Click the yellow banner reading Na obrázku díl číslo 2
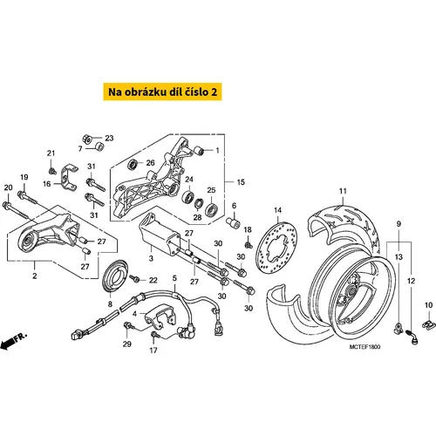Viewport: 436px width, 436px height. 162,92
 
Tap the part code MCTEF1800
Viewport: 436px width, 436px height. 364,347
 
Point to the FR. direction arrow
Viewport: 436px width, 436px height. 12,341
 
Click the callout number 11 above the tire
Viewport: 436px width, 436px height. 343,191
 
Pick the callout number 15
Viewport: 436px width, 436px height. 241,182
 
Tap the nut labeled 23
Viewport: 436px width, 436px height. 87,138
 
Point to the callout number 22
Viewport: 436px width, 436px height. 153,280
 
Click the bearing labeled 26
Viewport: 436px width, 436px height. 133,164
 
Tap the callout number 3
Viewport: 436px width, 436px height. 151,258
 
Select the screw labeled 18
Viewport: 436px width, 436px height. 249,244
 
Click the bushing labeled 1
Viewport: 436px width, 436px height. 201,151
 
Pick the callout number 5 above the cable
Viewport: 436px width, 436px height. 174,278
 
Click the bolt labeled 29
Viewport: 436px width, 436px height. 129,326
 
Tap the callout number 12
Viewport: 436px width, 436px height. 411,281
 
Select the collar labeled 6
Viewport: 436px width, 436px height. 234,222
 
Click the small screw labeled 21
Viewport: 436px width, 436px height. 52,171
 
